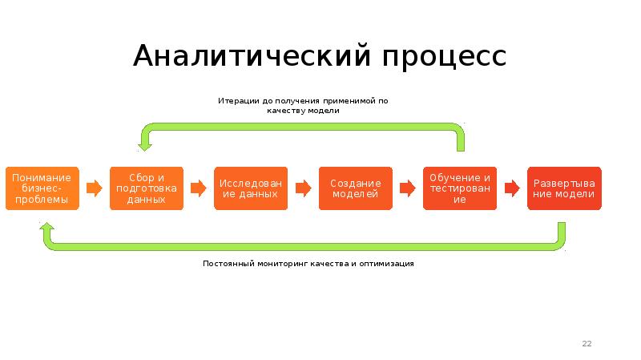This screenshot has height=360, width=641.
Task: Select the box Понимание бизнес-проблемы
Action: point(42,188)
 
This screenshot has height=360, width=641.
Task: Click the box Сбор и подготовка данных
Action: point(146,188)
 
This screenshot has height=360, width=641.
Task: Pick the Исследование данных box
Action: point(251,188)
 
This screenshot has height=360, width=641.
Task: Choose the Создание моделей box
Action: point(356,188)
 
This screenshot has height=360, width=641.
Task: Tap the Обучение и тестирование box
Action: point(459,188)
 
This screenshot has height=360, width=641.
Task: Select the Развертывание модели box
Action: point(564,188)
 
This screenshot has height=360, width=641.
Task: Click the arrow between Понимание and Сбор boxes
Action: point(95,188)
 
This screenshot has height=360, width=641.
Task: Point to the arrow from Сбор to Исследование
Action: point(199,188)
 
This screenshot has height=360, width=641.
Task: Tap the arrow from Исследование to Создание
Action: point(303,188)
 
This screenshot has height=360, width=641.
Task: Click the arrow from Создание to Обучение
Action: point(408,188)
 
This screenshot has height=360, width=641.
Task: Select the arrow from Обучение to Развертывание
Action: point(511,188)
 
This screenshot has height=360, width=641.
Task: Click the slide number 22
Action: point(587,344)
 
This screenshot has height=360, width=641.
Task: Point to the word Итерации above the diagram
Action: point(237,101)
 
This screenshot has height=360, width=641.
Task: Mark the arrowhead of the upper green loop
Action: point(145,142)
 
